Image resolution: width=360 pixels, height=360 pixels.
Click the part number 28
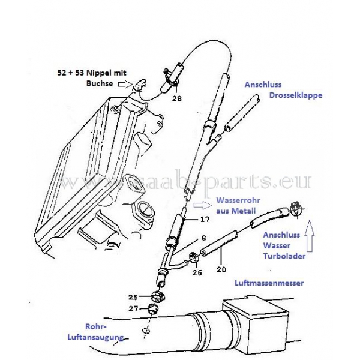(x=177, y=98)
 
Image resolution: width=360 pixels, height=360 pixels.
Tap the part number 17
(x=205, y=219)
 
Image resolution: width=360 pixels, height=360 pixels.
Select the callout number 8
(x=204, y=238)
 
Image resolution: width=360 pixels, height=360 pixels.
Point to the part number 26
(x=197, y=272)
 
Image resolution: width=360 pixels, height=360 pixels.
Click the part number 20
(x=221, y=269)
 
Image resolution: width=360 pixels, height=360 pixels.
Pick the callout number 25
(x=133, y=297)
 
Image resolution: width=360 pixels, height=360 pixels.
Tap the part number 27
(x=133, y=308)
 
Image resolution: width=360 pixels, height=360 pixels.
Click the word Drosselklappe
(x=295, y=95)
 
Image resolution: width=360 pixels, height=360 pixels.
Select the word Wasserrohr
(x=238, y=200)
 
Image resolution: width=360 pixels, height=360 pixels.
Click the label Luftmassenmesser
(x=269, y=283)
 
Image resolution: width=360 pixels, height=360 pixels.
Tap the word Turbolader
(x=284, y=256)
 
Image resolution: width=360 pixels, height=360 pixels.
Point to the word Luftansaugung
(x=95, y=337)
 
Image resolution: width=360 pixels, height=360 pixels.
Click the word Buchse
(x=100, y=83)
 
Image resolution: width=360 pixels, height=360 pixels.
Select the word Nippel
(x=100, y=73)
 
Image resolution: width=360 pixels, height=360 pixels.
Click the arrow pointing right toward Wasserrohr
(x=203, y=205)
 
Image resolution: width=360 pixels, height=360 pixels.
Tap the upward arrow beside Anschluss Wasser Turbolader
(x=310, y=236)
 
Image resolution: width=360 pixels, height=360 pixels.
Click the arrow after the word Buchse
(x=125, y=85)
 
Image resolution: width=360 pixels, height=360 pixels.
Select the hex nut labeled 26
(x=193, y=257)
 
